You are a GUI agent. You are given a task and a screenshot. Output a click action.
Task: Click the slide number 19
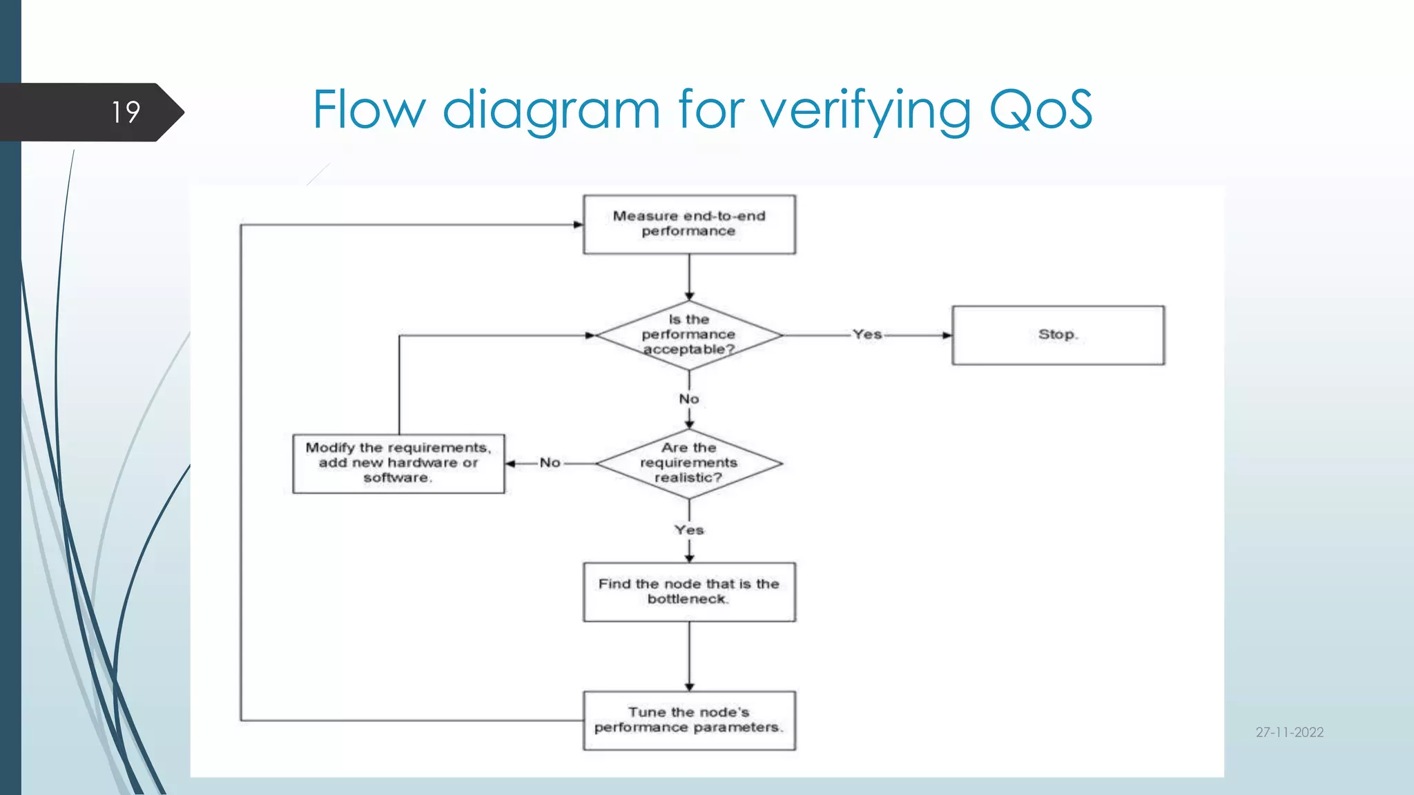[126, 112]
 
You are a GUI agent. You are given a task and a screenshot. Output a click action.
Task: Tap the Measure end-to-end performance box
[689, 224]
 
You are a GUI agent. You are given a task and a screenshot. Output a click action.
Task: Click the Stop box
[1058, 335]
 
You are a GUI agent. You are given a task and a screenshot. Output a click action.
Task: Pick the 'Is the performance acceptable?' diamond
[689, 335]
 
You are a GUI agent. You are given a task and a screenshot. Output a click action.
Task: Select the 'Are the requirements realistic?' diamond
[689, 463]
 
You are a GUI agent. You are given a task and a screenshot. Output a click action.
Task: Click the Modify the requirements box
[398, 463]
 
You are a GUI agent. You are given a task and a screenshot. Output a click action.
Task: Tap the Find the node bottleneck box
[689, 592]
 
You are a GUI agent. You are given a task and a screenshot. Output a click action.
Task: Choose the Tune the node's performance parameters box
[689, 720]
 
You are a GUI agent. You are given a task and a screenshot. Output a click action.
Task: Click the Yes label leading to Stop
[867, 335]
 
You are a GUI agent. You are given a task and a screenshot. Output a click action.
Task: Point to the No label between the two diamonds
[689, 399]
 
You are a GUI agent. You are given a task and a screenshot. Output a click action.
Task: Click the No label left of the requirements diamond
[550, 463]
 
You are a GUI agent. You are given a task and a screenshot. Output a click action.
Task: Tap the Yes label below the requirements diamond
[689, 530]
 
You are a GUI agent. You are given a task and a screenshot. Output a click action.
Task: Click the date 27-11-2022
[1289, 732]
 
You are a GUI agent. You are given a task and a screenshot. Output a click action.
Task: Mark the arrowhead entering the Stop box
[947, 335]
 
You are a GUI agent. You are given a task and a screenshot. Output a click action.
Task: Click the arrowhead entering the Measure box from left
[579, 224]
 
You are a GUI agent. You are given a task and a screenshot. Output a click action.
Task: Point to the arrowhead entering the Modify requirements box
[510, 464]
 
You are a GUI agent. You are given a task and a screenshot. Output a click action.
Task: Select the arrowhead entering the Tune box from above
[689, 687]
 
